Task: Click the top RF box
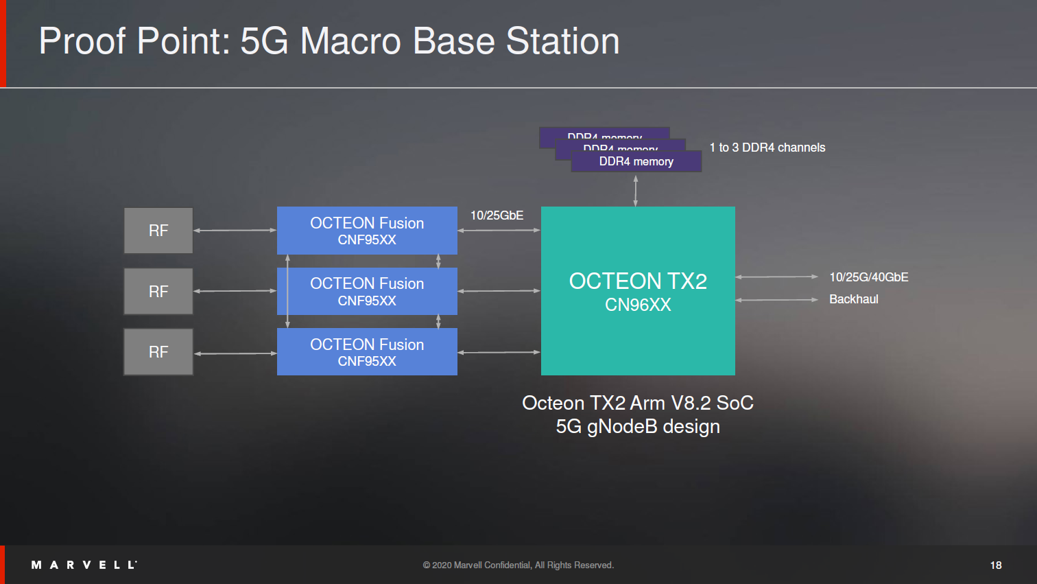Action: (x=158, y=231)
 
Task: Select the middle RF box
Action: (x=158, y=291)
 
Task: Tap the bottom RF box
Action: (x=158, y=351)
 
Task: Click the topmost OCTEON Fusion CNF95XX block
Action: (x=367, y=231)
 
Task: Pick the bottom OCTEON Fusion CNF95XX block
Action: (x=367, y=352)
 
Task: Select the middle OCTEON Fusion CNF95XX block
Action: (x=367, y=291)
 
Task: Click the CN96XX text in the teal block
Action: (x=638, y=305)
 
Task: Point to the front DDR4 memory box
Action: (x=636, y=162)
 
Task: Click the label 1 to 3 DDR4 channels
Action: (x=767, y=148)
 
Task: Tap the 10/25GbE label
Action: (x=497, y=215)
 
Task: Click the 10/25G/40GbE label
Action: (x=868, y=277)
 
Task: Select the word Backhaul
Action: (x=853, y=299)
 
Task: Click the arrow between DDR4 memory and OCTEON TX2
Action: (x=636, y=190)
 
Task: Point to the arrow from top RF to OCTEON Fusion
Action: (x=235, y=231)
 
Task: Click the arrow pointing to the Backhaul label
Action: (x=776, y=300)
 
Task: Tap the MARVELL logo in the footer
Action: (x=84, y=565)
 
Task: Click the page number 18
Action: (x=996, y=565)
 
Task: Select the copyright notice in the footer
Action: (x=518, y=565)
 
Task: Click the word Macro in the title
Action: (x=350, y=41)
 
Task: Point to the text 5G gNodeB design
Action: (x=638, y=427)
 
